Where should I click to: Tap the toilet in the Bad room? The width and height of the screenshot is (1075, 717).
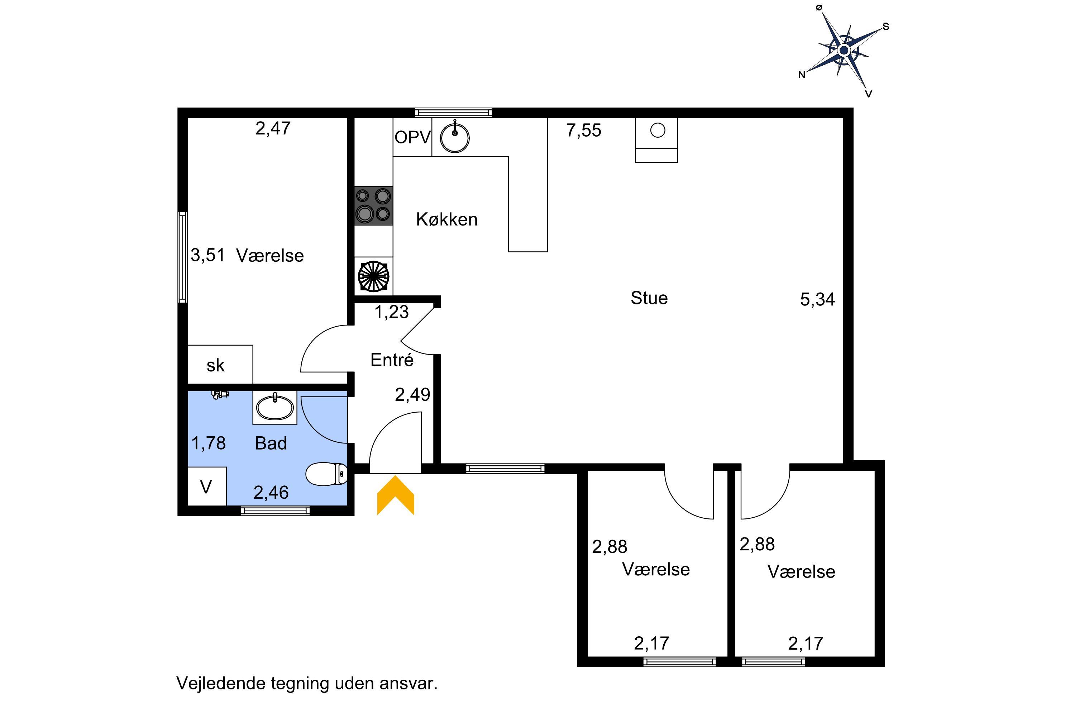[326, 474]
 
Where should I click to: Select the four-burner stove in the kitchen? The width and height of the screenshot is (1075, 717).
[373, 205]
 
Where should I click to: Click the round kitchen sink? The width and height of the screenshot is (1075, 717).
[454, 136]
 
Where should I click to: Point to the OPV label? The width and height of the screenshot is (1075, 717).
[412, 137]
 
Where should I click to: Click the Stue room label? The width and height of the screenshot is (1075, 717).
[649, 298]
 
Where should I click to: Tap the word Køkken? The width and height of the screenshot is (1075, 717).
[446, 219]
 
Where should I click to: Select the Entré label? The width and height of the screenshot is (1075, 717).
[392, 360]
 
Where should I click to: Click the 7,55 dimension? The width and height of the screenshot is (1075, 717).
[584, 131]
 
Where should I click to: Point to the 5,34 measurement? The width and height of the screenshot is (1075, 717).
[818, 299]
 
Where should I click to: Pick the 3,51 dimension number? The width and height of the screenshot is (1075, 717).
[208, 255]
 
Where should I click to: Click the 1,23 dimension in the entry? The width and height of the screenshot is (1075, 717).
[391, 312]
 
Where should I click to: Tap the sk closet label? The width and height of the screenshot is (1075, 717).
[215, 365]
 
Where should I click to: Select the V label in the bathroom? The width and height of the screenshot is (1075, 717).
[206, 488]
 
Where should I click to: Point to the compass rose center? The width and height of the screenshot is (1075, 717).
[844, 50]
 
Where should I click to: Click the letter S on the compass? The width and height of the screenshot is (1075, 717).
[886, 27]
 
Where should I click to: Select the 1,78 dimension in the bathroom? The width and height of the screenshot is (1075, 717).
[209, 443]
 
